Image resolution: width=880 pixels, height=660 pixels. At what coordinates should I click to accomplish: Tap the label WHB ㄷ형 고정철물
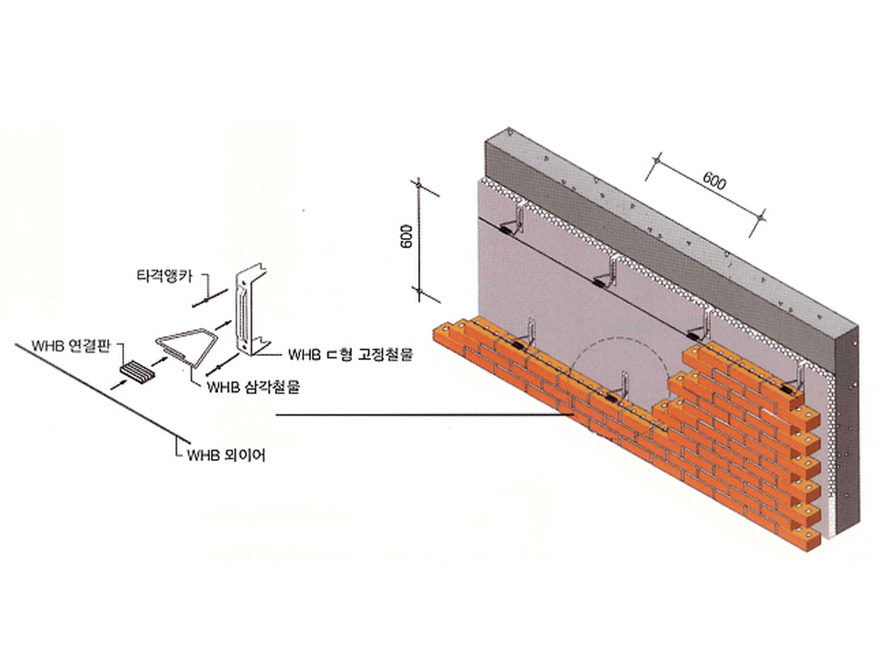(x=350, y=355)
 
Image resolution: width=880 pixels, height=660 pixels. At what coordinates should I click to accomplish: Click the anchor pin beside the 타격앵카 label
(x=205, y=299)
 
